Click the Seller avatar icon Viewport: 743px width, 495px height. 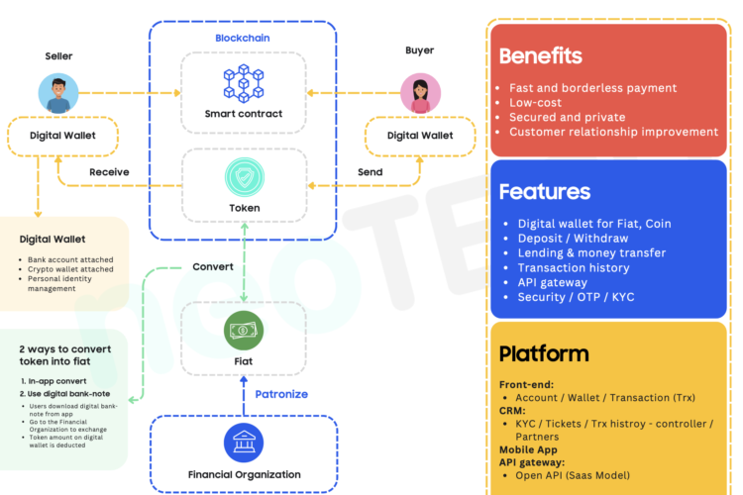[x=58, y=93]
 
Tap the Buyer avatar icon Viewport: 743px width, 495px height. [x=420, y=93]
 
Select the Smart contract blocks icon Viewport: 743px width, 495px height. [x=243, y=83]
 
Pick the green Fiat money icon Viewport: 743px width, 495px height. [x=243, y=330]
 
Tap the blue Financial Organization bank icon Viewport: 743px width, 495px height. [x=243, y=443]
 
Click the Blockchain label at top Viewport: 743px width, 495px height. [x=243, y=39]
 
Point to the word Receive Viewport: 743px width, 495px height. [x=109, y=172]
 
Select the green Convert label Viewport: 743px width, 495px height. [x=213, y=267]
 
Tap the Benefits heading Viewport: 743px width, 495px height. [x=540, y=56]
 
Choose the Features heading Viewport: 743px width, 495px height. [x=544, y=191]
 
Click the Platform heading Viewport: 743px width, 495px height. [x=544, y=353]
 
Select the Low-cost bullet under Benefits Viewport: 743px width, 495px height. [x=535, y=102]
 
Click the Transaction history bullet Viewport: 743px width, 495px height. [x=573, y=267]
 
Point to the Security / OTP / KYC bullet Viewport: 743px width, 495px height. [x=575, y=297]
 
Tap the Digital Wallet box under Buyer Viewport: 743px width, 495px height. [x=420, y=136]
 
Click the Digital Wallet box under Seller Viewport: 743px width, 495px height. [x=61, y=136]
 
